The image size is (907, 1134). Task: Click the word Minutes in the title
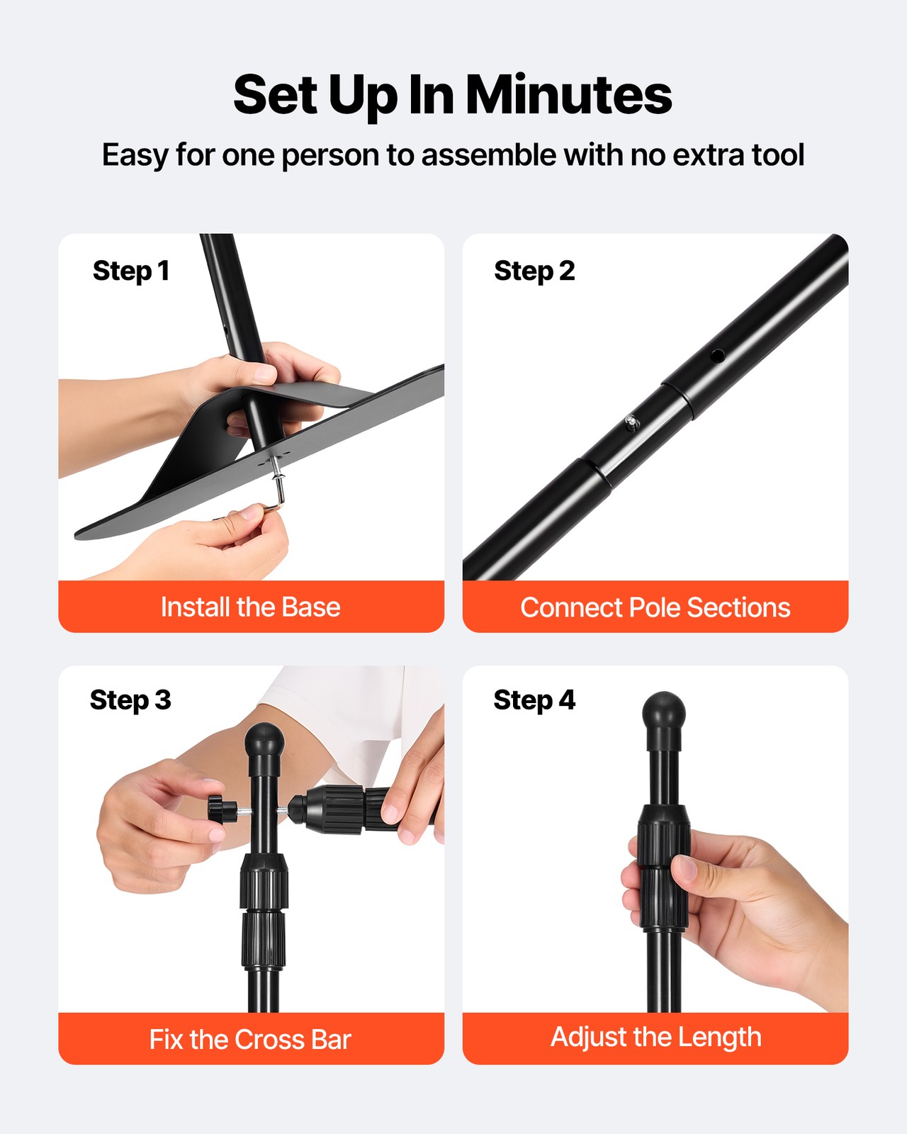pyautogui.click(x=569, y=96)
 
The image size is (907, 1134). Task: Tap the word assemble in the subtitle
pyautogui.click(x=488, y=155)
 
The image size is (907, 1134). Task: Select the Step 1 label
pyautogui.click(x=131, y=271)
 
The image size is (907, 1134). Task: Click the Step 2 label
pyautogui.click(x=534, y=271)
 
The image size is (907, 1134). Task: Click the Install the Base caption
pyautogui.click(x=251, y=607)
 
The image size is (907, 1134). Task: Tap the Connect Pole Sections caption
pyautogui.click(x=655, y=607)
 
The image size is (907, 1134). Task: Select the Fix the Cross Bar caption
pyautogui.click(x=250, y=1040)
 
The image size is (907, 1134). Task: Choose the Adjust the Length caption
pyautogui.click(x=656, y=1038)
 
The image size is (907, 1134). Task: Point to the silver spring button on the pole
pyautogui.click(x=631, y=422)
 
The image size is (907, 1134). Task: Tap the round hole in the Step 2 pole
pyautogui.click(x=717, y=356)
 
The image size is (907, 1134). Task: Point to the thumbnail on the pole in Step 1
pyautogui.click(x=264, y=374)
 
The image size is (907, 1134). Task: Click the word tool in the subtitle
pyautogui.click(x=778, y=155)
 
